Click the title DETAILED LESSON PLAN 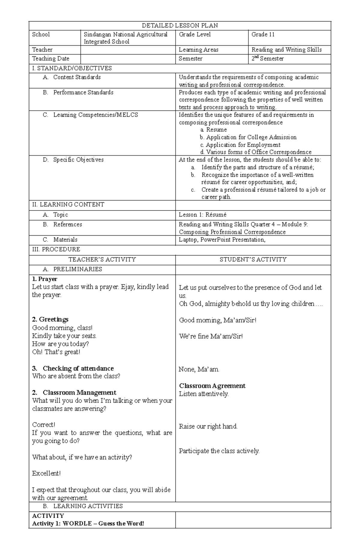(180, 25)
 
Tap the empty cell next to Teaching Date (128, 59)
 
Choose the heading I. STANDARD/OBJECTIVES (72, 68)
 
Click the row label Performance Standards (83, 92)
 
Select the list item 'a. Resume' (213, 130)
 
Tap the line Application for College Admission (248, 137)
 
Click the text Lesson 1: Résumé (202, 215)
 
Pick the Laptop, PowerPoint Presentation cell (222, 239)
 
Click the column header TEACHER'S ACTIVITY (102, 260)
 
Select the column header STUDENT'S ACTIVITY (253, 260)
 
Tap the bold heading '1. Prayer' (44, 279)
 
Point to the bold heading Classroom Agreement (212, 386)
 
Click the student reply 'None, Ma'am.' (199, 369)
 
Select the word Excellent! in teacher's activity (46, 474)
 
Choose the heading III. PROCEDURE (56, 249)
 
